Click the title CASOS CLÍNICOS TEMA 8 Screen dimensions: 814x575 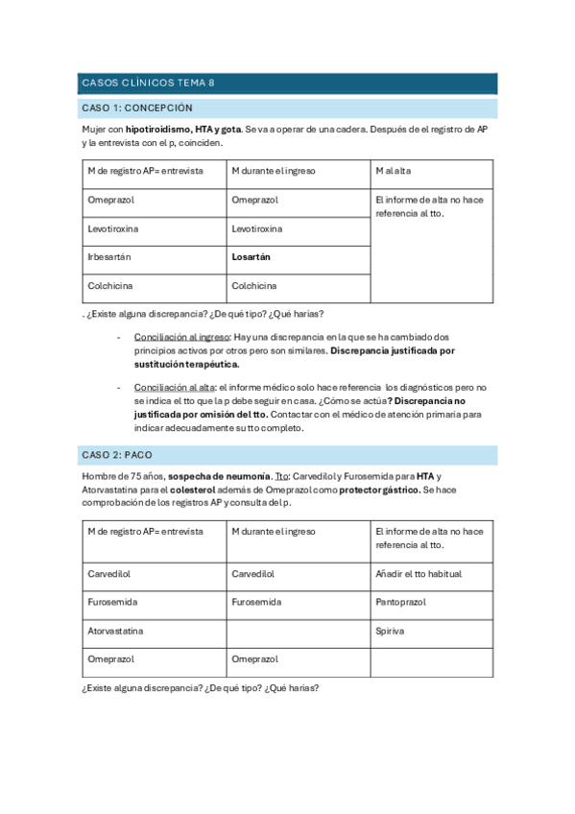(148, 84)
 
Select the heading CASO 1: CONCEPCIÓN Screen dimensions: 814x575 (138, 108)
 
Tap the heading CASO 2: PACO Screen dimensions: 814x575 (119, 454)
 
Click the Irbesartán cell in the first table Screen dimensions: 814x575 (108, 257)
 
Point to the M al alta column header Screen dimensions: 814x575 (394, 171)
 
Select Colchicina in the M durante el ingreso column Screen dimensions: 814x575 (253, 286)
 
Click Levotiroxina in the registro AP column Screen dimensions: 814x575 (112, 229)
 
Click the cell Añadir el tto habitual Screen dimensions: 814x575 (419, 573)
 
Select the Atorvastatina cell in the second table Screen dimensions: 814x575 (117, 631)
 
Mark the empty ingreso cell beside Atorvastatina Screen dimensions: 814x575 (297, 631)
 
